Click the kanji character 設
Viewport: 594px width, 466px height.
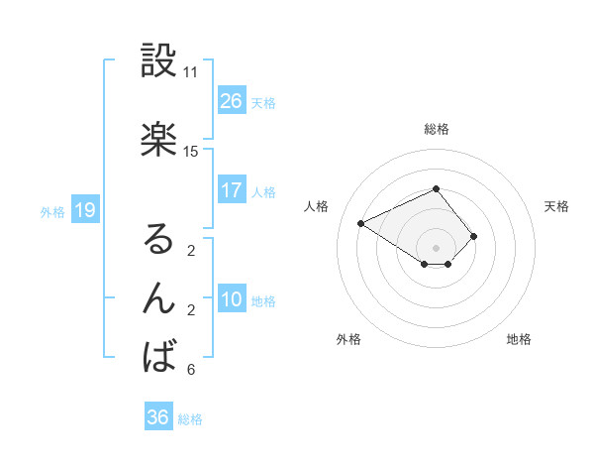[x=158, y=61]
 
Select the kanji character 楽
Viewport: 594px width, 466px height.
[x=158, y=140]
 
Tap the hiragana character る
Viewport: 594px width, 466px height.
[x=158, y=239]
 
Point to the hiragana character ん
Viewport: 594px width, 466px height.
[x=158, y=298]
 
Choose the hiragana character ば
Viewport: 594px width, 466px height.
[x=158, y=357]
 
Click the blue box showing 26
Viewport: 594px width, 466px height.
[x=232, y=101]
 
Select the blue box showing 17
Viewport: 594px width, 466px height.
[x=232, y=190]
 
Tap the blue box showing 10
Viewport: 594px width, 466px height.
[x=232, y=299]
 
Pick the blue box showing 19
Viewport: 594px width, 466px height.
[x=85, y=210]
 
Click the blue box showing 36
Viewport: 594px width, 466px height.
[x=158, y=417]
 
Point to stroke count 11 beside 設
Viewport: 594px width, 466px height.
[x=191, y=72]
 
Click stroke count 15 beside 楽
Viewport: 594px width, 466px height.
[x=191, y=151]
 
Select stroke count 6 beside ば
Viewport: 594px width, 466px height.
[x=191, y=370]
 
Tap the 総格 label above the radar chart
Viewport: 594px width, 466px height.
[x=436, y=129]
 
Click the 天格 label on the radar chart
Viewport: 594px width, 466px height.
[x=556, y=206]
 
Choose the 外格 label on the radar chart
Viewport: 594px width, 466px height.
[x=348, y=339]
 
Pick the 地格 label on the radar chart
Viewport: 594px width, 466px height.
[x=519, y=339]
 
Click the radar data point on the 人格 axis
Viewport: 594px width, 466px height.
[x=361, y=222]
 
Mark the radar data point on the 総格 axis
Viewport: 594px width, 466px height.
[x=436, y=188]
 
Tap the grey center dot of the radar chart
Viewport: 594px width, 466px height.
[x=436, y=247]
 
